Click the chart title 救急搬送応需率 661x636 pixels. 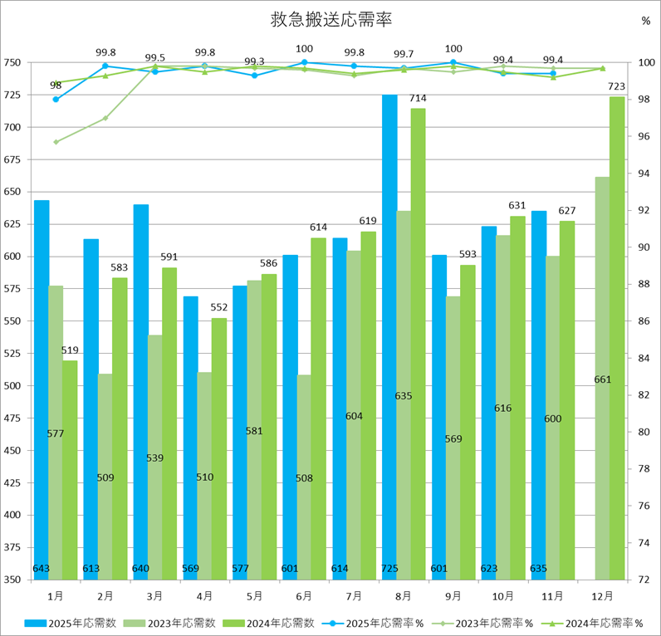[331, 19]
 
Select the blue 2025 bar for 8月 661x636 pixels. [389, 332]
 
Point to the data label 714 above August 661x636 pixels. [418, 99]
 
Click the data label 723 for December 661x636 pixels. [617, 86]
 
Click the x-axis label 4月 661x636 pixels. [205, 596]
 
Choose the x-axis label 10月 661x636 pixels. [503, 596]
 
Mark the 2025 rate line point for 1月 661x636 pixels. [56, 100]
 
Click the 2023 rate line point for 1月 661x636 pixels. [56, 142]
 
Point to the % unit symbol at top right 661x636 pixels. [645, 22]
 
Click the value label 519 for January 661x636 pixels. [70, 350]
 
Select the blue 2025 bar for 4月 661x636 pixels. [191, 440]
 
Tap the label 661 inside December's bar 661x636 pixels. [603, 379]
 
